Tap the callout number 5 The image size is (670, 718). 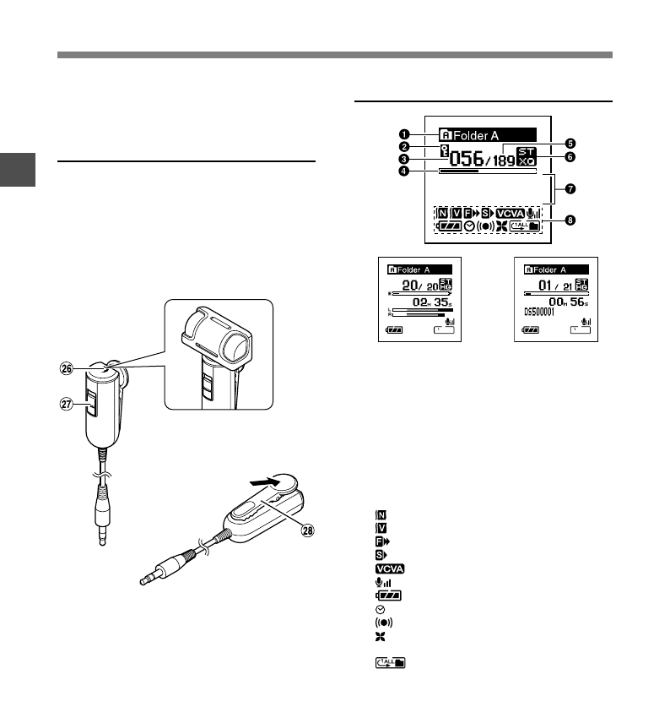tap(570, 143)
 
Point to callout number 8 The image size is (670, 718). tap(570, 220)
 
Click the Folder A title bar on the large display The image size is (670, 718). tap(487, 133)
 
